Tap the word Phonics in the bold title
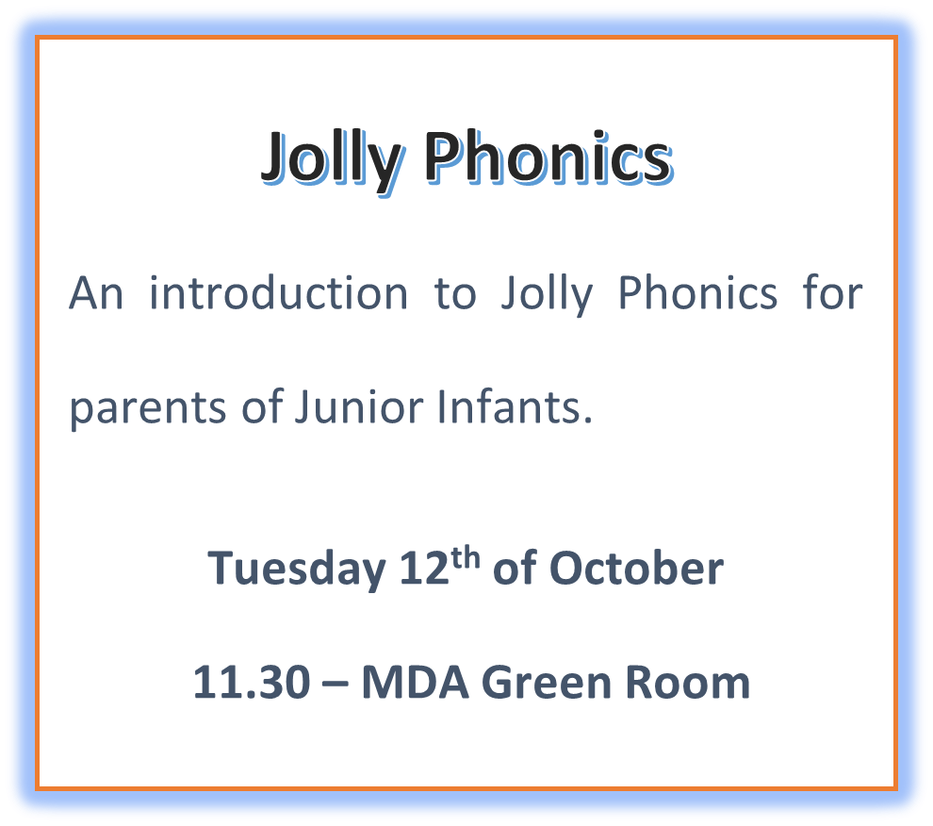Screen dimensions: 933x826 548,157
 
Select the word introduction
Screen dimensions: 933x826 278,293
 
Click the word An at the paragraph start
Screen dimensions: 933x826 96,293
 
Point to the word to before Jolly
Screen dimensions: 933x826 455,295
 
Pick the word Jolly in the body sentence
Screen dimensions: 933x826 547,296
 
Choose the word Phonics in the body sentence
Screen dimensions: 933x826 697,293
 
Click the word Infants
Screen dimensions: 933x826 515,406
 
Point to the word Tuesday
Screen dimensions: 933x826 296,570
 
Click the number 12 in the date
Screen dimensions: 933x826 424,568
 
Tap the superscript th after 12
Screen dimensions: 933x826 466,558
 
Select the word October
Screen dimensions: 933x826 636,568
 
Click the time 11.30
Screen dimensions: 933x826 252,682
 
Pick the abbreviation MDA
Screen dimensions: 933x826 416,682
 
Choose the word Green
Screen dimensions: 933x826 546,682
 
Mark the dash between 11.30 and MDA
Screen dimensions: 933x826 335,686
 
